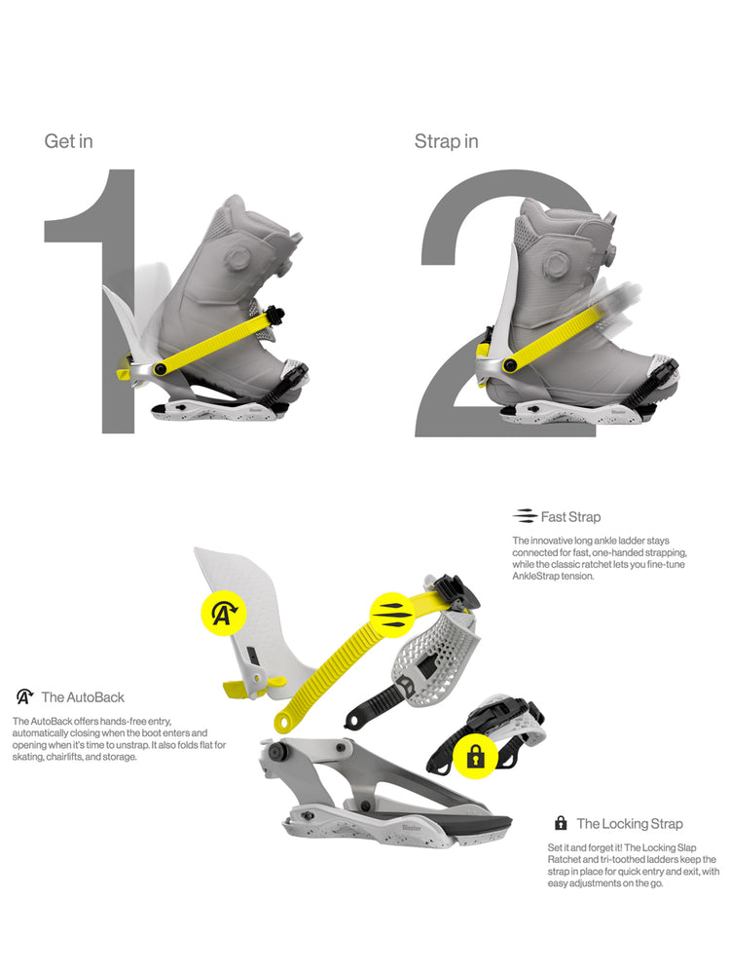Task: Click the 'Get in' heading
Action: point(68,141)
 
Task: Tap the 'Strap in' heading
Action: point(447,141)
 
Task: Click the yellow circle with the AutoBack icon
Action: point(224,613)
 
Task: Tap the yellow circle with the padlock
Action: point(475,756)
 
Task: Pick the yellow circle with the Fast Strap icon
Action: point(392,615)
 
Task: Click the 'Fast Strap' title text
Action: point(570,517)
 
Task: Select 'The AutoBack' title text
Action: point(83,697)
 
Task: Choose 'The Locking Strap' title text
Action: point(630,824)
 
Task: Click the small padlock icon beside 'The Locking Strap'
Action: point(561,823)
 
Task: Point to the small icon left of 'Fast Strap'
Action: point(525,516)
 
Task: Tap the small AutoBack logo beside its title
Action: point(25,697)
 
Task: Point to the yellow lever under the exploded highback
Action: point(251,688)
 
